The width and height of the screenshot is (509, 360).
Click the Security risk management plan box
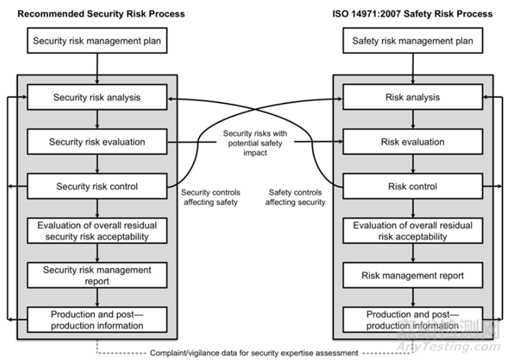[97, 40]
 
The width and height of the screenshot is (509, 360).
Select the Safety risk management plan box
[412, 40]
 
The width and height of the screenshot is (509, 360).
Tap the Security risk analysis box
[97, 97]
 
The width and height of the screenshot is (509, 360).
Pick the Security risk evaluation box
[97, 141]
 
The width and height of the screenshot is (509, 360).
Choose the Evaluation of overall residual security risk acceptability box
[97, 231]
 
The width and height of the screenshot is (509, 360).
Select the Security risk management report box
[97, 275]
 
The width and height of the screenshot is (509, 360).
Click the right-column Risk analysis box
[412, 97]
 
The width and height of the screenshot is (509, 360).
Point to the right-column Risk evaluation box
[412, 141]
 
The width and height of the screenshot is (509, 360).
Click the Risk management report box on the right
[412, 275]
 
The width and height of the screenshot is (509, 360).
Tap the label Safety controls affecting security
[297, 197]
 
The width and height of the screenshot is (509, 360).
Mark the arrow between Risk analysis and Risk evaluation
[412, 119]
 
